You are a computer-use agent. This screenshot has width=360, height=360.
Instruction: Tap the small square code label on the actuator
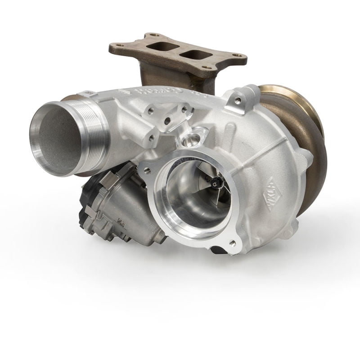click(x=120, y=221)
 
